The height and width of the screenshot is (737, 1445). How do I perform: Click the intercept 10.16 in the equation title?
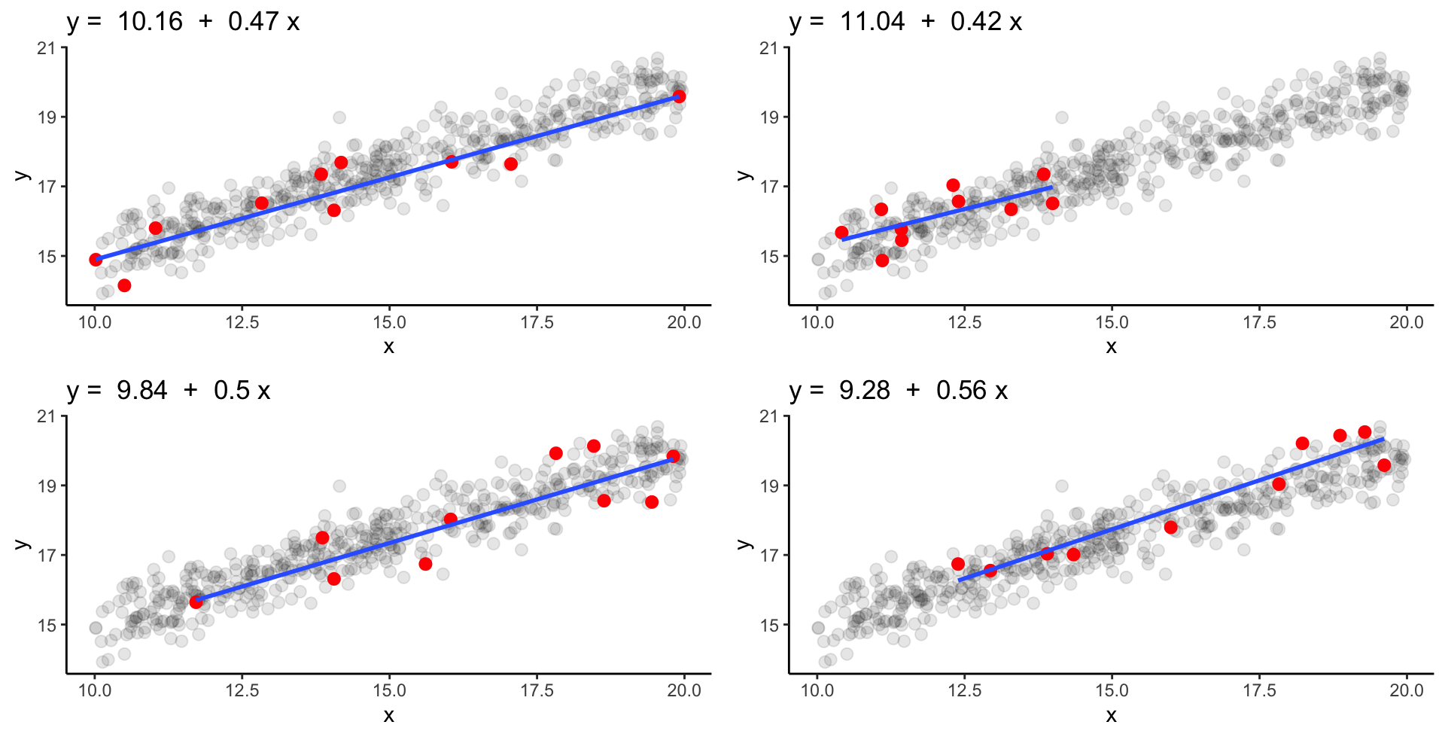150,22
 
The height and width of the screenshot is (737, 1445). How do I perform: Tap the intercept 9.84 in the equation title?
141,391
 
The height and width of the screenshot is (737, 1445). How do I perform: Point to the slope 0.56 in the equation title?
960,391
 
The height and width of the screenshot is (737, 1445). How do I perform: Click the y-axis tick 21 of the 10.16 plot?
47,48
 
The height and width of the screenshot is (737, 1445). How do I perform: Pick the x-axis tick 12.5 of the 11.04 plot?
965,323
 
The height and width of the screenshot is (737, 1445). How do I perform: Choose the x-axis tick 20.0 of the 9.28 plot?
1406,691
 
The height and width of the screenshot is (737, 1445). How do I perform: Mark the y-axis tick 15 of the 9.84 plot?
47,625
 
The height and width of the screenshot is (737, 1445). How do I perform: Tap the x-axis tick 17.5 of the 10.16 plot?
537,323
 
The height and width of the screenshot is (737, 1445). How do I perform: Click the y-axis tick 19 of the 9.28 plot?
769,486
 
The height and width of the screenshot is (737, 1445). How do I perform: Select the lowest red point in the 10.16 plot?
124,285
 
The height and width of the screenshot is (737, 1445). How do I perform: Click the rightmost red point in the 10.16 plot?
679,96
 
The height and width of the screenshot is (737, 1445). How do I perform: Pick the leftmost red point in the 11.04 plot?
841,233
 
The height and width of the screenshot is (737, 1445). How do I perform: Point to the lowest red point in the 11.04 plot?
882,260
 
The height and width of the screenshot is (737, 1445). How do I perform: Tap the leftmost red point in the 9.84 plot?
196,601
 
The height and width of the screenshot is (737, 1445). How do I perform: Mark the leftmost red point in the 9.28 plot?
958,564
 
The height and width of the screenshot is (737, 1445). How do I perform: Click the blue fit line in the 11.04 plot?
948,213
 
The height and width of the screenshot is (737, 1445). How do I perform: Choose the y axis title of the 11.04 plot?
744,175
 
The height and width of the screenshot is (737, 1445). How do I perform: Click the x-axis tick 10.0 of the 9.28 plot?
817,691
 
